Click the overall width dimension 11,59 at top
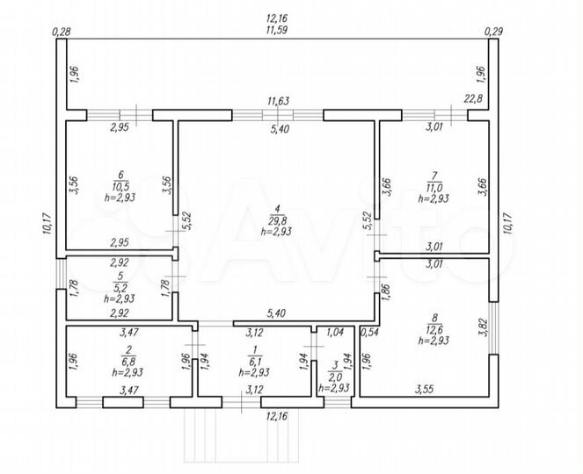pos(280,30)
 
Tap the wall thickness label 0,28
pos(62,32)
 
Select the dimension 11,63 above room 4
pos(279,102)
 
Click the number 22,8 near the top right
pos(474,99)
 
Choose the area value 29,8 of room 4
pos(278,220)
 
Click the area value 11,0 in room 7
pos(433,187)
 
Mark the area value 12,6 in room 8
pos(436,329)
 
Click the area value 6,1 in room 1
pos(253,361)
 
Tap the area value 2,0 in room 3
pos(336,377)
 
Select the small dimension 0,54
pos(369,333)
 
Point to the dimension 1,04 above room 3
pos(335,333)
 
